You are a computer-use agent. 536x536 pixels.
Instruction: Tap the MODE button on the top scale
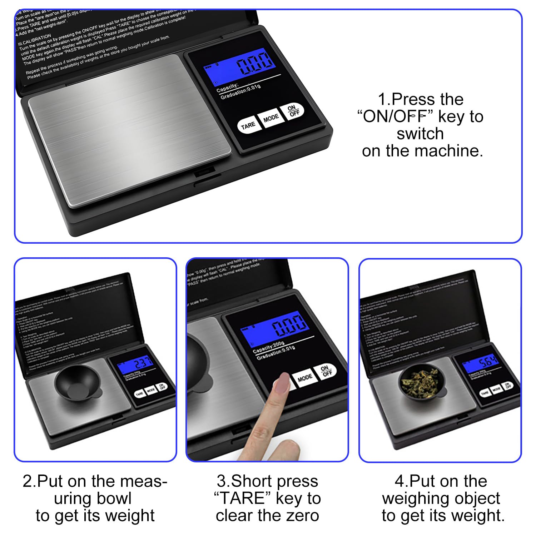(271, 118)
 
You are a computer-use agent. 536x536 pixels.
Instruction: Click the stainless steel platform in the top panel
(130, 130)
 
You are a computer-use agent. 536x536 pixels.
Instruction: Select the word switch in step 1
(420, 134)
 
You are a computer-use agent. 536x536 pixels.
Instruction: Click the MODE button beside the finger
(304, 378)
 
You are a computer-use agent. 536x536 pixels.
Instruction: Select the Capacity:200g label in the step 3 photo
(268, 348)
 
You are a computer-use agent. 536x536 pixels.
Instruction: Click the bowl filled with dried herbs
(422, 382)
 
